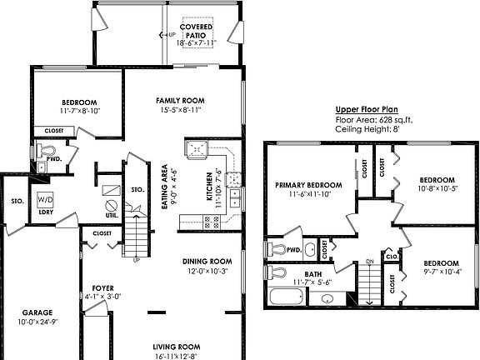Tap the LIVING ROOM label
point(177,347)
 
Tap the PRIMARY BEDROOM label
point(309,184)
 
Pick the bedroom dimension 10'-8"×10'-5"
point(437,189)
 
